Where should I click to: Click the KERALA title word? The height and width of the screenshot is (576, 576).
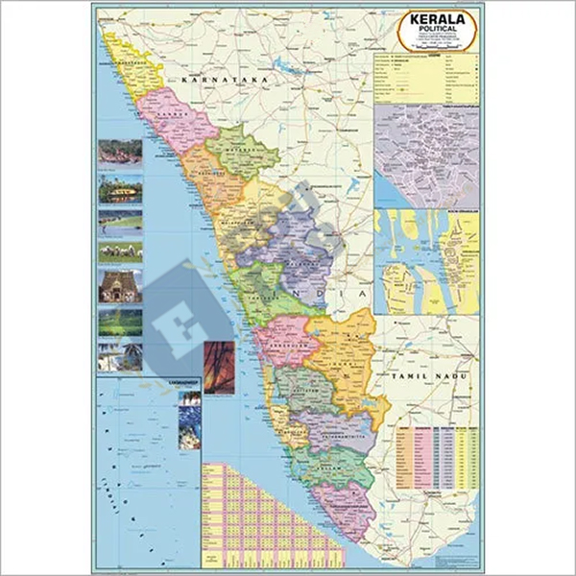[x=438, y=21]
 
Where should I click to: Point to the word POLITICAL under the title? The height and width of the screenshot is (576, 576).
[x=438, y=33]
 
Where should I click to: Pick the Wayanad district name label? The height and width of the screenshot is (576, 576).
[x=230, y=151]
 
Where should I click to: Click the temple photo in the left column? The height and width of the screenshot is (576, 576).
[x=120, y=286]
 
